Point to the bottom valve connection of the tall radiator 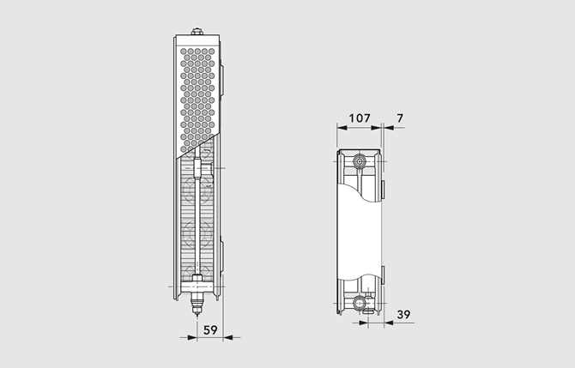(x=198, y=301)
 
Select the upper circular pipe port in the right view (x=360, y=160)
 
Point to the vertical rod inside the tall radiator (x=198, y=223)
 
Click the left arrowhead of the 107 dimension (x=336, y=127)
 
